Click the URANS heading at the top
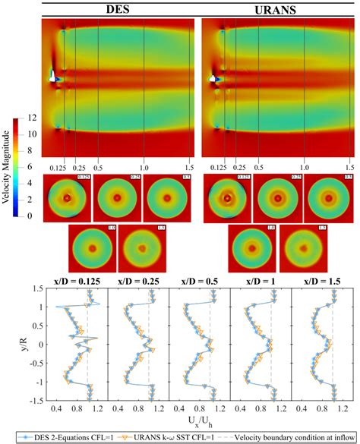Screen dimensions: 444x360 coord(278,11)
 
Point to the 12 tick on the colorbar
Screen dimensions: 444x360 coord(30,118)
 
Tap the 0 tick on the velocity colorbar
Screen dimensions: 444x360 coord(30,216)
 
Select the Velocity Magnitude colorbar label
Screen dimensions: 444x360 coord(6,167)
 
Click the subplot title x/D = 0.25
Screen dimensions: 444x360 coord(131,282)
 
